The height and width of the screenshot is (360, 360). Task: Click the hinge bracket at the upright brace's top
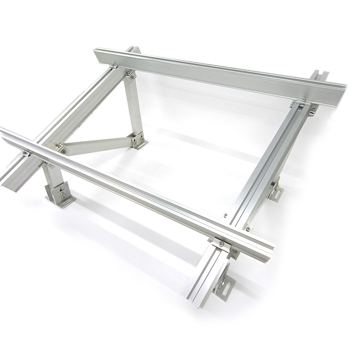click(130, 74)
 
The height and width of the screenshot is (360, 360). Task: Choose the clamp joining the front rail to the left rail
click(26, 153)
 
